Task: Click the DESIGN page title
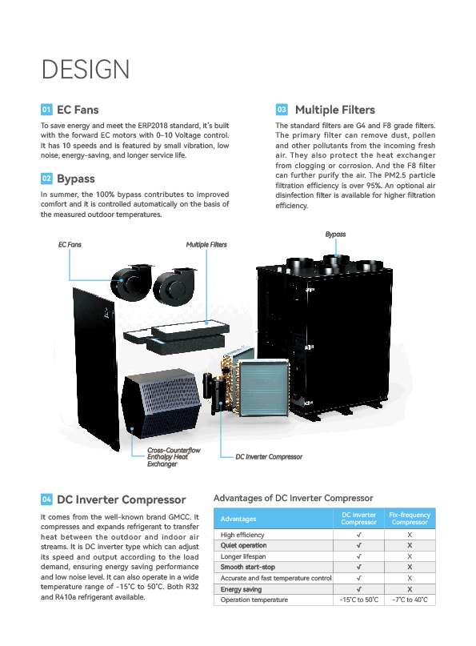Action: (x=86, y=69)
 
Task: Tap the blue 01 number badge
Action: (x=46, y=110)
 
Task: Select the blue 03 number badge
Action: (x=282, y=110)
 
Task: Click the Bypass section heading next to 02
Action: (x=76, y=179)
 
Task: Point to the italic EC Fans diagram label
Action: (x=70, y=245)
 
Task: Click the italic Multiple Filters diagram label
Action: (x=206, y=245)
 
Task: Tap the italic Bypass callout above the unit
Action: (x=335, y=235)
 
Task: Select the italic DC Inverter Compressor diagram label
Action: (x=269, y=457)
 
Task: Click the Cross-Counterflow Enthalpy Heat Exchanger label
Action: (x=174, y=457)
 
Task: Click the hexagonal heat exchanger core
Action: (x=161, y=403)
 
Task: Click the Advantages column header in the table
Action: (x=238, y=519)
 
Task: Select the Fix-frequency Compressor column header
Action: (x=410, y=519)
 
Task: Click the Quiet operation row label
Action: (x=243, y=545)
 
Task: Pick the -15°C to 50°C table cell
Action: (x=358, y=600)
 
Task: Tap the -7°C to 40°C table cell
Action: (x=410, y=600)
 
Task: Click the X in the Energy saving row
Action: (x=410, y=589)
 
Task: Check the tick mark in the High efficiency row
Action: (x=359, y=535)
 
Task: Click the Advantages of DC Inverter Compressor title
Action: (x=293, y=498)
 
